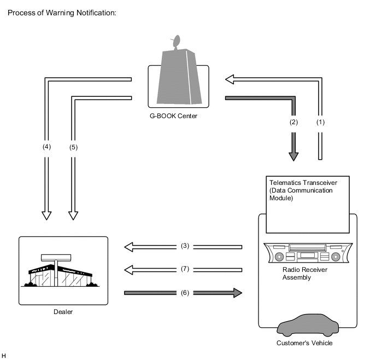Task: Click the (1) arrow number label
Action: click(x=320, y=122)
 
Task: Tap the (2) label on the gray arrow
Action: click(x=293, y=122)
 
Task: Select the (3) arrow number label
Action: click(x=185, y=246)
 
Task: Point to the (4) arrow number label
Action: click(x=47, y=147)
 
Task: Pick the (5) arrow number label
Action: click(x=73, y=147)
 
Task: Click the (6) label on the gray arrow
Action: click(x=185, y=293)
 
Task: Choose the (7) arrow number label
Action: click(x=185, y=269)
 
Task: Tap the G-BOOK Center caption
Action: click(x=173, y=116)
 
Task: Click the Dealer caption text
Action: click(x=63, y=312)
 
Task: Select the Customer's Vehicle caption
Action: click(x=304, y=343)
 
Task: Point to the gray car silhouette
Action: click(x=308, y=325)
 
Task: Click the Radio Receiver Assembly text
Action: click(x=305, y=274)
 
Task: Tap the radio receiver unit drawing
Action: click(x=308, y=253)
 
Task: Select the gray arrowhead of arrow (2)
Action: click(x=293, y=156)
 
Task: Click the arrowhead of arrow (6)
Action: click(x=238, y=293)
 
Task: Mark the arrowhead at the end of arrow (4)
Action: click(x=47, y=216)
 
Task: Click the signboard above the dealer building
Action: click(x=56, y=258)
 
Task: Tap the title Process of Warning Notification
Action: click(x=62, y=13)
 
